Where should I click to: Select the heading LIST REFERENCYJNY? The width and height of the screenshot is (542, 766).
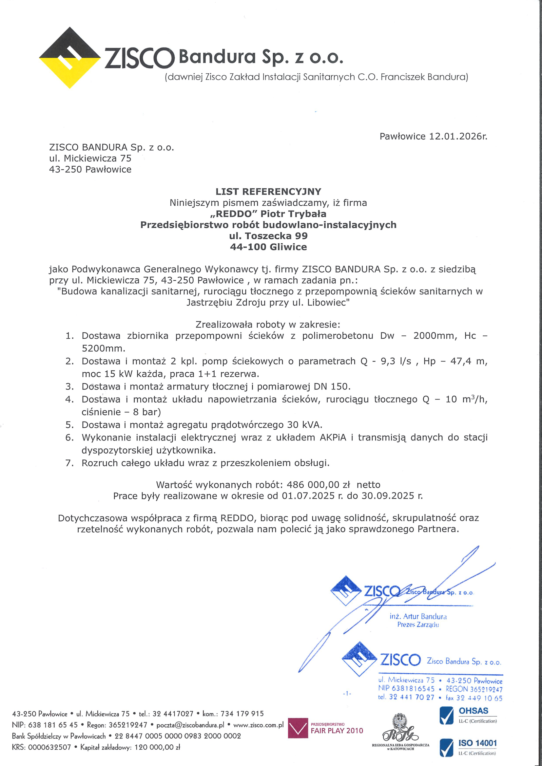click(x=268, y=192)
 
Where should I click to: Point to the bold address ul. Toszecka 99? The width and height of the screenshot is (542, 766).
click(x=268, y=236)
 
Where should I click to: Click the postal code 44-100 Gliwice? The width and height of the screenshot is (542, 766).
click(x=268, y=247)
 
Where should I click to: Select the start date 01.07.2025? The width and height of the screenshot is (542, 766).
click(x=308, y=496)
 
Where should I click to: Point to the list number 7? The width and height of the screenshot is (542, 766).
click(x=69, y=463)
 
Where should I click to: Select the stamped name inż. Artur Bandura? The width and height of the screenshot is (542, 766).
click(x=418, y=616)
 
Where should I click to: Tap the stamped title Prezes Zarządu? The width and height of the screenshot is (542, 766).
click(x=418, y=625)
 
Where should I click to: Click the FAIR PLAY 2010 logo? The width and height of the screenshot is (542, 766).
click(x=326, y=730)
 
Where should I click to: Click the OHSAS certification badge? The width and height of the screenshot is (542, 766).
click(x=468, y=715)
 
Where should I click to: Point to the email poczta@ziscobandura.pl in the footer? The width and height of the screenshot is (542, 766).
click(x=190, y=725)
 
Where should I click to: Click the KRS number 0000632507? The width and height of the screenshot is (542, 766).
click(x=49, y=747)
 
